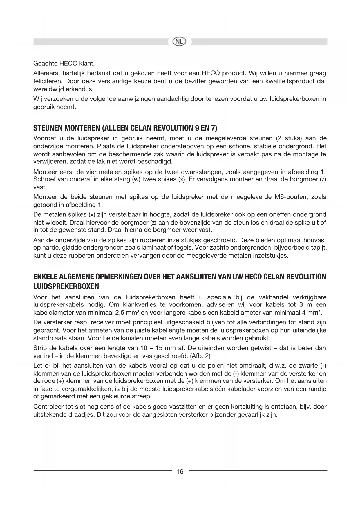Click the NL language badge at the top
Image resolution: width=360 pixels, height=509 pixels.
click(x=180, y=41)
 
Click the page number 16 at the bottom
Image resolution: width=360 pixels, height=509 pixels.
click(x=180, y=472)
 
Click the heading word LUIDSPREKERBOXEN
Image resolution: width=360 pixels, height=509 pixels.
click(x=66, y=286)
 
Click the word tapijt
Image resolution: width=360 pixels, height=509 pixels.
click(x=318, y=248)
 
